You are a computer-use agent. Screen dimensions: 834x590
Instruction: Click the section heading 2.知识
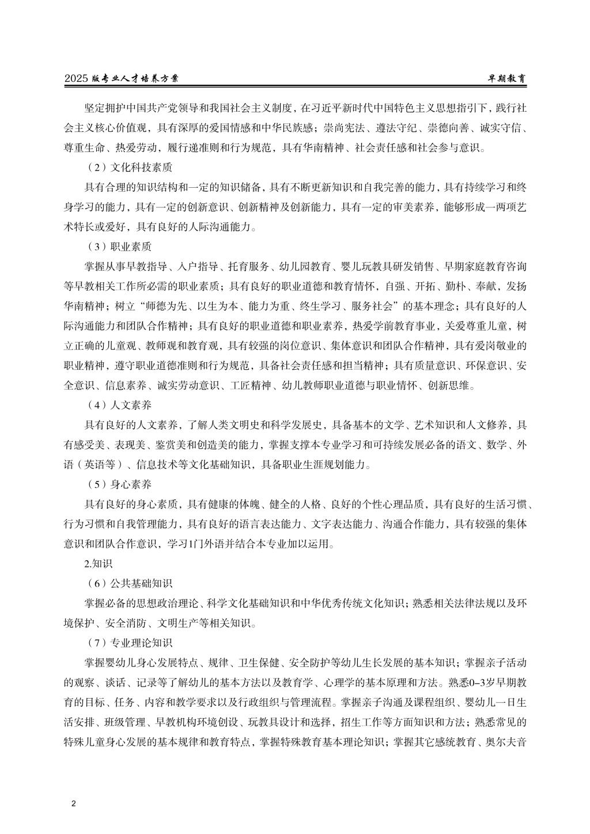pos(93,563)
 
